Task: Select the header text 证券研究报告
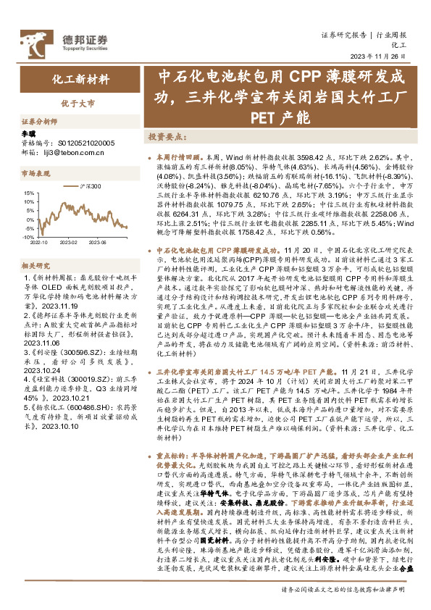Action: tap(343, 35)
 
